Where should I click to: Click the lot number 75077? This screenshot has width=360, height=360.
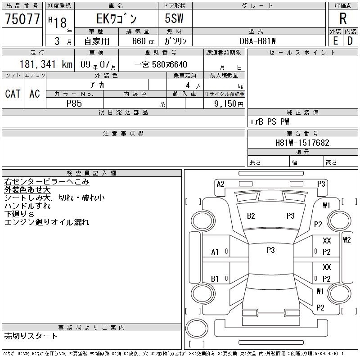[x=22, y=19]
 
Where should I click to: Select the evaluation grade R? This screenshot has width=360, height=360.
[x=343, y=18]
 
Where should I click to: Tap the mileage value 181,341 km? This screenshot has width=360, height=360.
[x=46, y=64]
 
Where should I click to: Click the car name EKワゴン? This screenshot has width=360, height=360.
[x=117, y=19]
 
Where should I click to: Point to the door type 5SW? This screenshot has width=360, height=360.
[x=174, y=18]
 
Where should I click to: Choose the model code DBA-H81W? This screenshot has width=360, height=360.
[x=257, y=41]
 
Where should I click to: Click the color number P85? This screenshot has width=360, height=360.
[x=74, y=103]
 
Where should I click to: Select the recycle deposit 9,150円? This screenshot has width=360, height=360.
[x=229, y=103]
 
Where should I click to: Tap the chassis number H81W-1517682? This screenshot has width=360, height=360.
[x=302, y=143]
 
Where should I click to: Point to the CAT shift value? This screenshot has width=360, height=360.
[x=13, y=94]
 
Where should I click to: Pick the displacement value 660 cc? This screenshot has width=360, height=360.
[x=144, y=41]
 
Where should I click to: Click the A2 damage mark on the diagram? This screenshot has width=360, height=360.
[x=220, y=184]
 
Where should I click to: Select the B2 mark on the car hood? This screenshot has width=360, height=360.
[x=251, y=216]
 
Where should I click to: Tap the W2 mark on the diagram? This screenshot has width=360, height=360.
[x=346, y=240]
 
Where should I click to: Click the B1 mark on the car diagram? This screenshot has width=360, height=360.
[x=215, y=279]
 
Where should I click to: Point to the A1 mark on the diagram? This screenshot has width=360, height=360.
[x=215, y=252]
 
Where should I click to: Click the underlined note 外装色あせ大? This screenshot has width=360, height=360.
[x=27, y=190]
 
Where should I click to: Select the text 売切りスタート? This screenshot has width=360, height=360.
[x=31, y=336]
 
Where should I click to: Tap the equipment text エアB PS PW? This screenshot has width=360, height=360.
[x=270, y=121]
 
